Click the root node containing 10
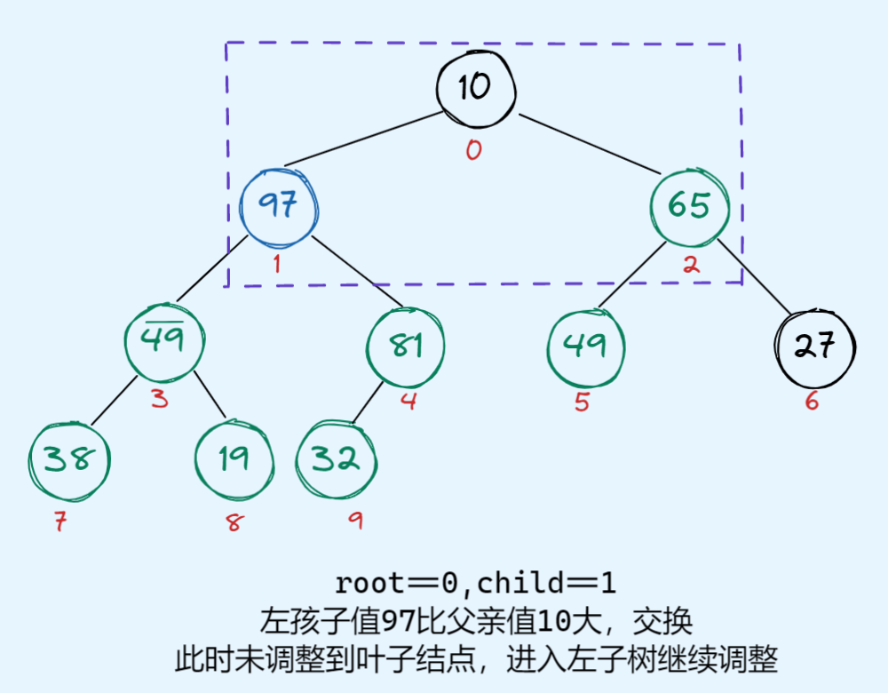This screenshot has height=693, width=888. (x=475, y=87)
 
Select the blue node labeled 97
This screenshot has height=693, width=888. (x=278, y=206)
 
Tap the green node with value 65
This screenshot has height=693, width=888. (x=689, y=205)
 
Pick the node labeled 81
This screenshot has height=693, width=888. (x=406, y=346)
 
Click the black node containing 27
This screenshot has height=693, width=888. (x=814, y=346)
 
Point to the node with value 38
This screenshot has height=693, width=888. (x=69, y=459)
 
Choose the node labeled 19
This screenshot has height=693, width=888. (x=234, y=458)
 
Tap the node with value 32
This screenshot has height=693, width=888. (x=336, y=459)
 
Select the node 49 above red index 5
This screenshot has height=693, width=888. (x=585, y=346)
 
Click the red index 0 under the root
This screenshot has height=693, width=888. (x=473, y=150)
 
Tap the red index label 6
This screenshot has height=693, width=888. (x=812, y=402)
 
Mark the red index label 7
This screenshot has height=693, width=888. (x=59, y=522)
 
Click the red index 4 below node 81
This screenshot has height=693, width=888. (x=408, y=401)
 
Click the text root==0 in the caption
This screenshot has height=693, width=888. (x=396, y=584)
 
